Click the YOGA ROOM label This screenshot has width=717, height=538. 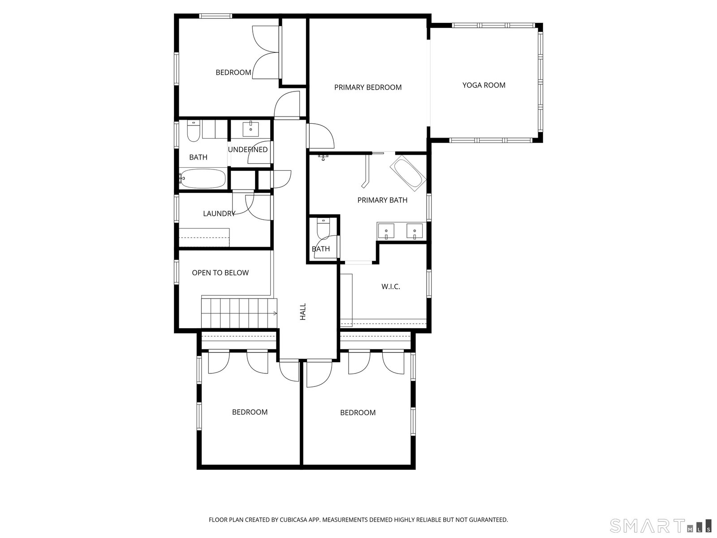(484, 85)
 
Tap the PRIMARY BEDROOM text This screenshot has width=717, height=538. (368, 87)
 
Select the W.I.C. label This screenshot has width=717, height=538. (391, 287)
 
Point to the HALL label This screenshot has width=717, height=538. (303, 312)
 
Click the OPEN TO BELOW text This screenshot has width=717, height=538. (220, 273)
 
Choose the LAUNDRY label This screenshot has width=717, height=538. (219, 214)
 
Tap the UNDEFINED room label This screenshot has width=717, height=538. (248, 150)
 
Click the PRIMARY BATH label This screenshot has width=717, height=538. (382, 200)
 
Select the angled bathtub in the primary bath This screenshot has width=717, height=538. (408, 173)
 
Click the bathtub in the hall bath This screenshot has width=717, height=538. (203, 178)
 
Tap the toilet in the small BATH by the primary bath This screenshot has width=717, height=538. (324, 229)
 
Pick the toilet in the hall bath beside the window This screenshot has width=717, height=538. (194, 131)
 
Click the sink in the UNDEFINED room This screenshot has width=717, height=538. (251, 129)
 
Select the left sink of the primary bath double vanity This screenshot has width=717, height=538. (386, 231)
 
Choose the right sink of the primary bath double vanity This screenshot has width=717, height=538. (415, 231)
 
